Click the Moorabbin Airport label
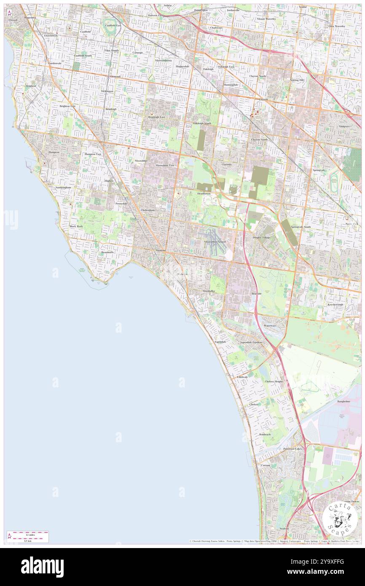pyautogui.click(x=215, y=242)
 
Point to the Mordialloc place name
pyautogui.click(x=209, y=291)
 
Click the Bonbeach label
pyautogui.click(x=265, y=434)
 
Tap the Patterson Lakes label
pyautogui.click(x=293, y=449)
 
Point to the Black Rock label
pyautogui.click(x=76, y=226)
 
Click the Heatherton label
pyautogui.click(x=204, y=194)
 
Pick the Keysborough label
pyautogui.click(x=335, y=304)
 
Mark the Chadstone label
pyautogui.click(x=216, y=28)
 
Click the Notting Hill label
pyautogui.click(x=297, y=80)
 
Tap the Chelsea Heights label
pyautogui.click(x=274, y=381)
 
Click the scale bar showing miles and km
pyautogui.click(x=28, y=536)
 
